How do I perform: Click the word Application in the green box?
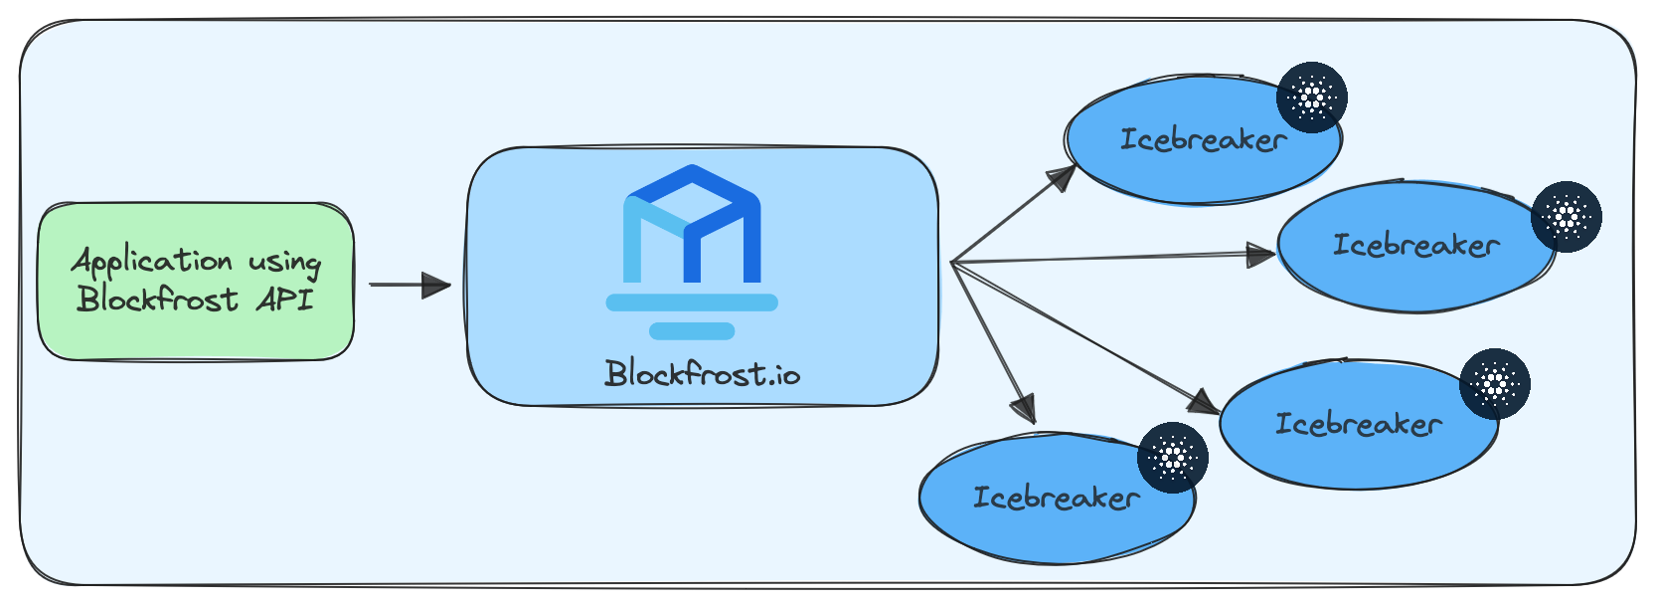point(151,262)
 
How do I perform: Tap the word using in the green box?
point(285,262)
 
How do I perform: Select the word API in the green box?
point(285,299)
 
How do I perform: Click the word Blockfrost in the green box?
point(158,299)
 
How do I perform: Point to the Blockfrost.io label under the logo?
point(703,374)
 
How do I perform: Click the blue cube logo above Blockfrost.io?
point(692,224)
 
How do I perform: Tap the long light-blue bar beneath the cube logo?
point(692,302)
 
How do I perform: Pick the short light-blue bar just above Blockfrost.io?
point(692,331)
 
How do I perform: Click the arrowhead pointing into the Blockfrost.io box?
point(436,285)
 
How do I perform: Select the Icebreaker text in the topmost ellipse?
point(1203,140)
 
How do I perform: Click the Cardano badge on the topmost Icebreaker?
point(1312,98)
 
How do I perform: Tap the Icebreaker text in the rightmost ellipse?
point(1415,245)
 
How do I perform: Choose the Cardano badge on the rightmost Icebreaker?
point(1567,217)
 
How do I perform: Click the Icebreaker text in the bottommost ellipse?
point(1056,498)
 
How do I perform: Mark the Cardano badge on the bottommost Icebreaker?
point(1173,458)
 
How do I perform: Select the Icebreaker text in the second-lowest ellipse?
point(1358,424)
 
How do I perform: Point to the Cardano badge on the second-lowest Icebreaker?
point(1494,383)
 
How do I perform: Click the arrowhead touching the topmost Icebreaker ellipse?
point(1064,178)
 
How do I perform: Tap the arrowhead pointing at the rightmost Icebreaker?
point(1261,255)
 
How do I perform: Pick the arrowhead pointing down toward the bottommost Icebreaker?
point(1023,409)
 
